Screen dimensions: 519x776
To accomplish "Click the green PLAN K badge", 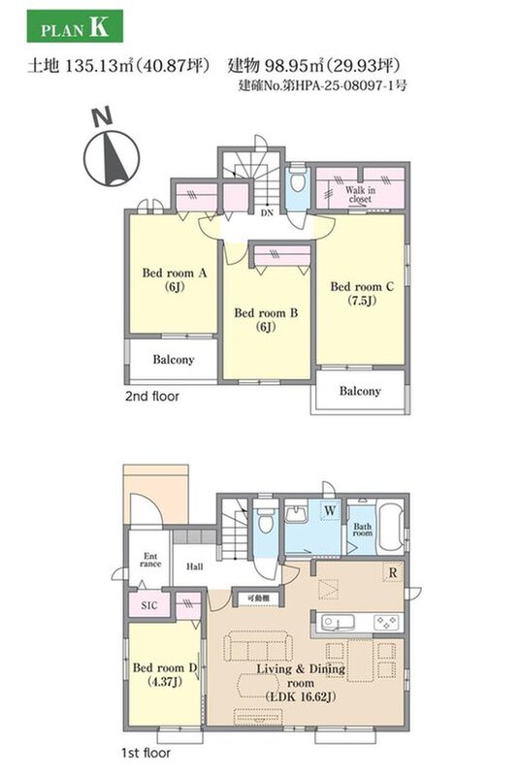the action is pyautogui.click(x=75, y=26).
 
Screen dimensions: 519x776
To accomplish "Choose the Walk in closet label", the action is pyautogui.click(x=360, y=194).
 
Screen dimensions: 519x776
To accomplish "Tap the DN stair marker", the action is pyautogui.click(x=267, y=213).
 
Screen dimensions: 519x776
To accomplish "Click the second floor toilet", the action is pyautogui.click(x=298, y=179).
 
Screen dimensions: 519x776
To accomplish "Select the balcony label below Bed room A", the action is pyautogui.click(x=174, y=360).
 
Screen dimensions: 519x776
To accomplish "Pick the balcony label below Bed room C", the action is pyautogui.click(x=360, y=391).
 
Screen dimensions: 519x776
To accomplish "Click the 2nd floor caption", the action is pyautogui.click(x=152, y=396).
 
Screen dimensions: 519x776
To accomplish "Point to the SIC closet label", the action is pyautogui.click(x=149, y=605).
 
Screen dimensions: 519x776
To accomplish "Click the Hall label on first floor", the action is pyautogui.click(x=194, y=566).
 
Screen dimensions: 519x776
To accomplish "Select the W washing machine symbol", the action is pyautogui.click(x=330, y=510).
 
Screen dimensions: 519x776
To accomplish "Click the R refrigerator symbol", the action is pyautogui.click(x=393, y=572).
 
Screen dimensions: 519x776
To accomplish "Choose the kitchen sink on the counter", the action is pyautogui.click(x=337, y=622).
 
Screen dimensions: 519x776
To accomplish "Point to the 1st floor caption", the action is pyautogui.click(x=146, y=753).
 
